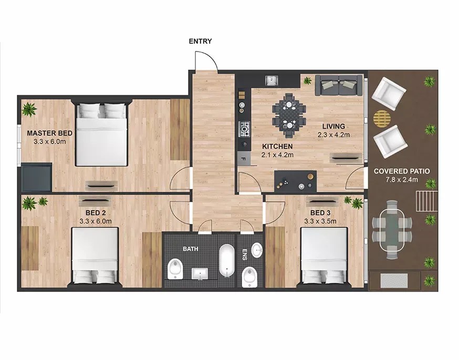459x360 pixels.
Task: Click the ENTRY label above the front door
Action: (x=200, y=42)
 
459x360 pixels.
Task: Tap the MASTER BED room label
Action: (x=49, y=133)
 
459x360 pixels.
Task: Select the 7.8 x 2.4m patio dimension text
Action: (x=402, y=180)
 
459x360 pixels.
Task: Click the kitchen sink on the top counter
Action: (x=272, y=80)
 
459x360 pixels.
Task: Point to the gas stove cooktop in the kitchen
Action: (x=245, y=129)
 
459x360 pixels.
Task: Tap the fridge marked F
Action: (x=244, y=159)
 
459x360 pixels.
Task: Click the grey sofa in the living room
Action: (x=338, y=85)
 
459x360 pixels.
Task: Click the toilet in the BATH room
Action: (x=175, y=269)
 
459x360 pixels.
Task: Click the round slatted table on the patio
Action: (x=382, y=119)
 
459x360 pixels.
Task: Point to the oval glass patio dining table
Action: (x=392, y=229)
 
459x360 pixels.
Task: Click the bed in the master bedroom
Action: (x=101, y=134)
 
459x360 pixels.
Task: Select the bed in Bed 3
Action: (x=324, y=256)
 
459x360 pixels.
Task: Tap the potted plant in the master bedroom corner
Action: (x=29, y=109)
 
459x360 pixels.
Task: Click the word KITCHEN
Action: (x=277, y=146)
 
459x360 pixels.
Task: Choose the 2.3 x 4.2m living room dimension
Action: (x=333, y=135)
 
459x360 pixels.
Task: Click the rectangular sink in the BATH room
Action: (x=200, y=274)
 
